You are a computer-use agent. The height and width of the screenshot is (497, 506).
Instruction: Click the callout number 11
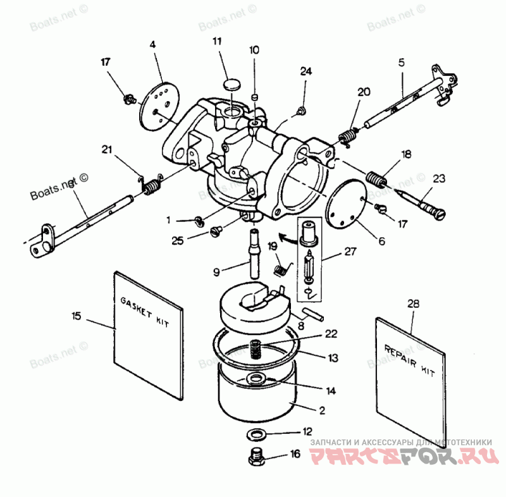(x=217, y=42)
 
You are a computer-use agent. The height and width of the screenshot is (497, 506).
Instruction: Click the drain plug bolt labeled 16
(x=256, y=457)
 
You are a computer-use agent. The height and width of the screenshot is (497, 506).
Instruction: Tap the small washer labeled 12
(x=257, y=434)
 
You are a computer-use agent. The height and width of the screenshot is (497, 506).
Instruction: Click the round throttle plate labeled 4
(x=160, y=102)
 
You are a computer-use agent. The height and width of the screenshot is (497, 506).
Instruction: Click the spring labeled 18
(x=377, y=179)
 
